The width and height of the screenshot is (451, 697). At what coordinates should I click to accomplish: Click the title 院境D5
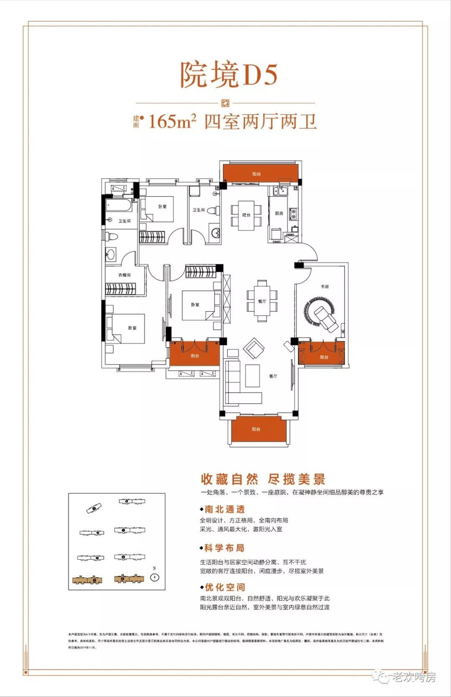228,75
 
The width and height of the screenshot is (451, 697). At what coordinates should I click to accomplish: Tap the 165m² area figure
172,122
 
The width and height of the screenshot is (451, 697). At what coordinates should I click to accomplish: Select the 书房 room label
324,286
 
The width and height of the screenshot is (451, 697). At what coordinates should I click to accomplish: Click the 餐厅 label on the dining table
262,301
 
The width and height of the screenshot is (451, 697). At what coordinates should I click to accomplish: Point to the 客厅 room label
273,376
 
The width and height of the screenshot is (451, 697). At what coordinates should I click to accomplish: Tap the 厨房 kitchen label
279,213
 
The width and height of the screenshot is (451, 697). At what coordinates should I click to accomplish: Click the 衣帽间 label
124,275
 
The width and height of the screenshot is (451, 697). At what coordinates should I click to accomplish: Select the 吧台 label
246,215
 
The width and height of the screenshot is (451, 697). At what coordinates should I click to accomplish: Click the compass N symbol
155,577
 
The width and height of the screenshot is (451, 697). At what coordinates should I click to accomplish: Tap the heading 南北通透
224,509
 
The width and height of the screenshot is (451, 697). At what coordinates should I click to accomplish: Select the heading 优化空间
224,587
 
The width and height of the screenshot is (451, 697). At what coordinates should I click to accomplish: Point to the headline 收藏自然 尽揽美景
263,479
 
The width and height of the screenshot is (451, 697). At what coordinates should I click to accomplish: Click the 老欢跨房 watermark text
413,677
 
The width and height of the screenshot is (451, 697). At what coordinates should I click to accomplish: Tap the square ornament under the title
225,103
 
